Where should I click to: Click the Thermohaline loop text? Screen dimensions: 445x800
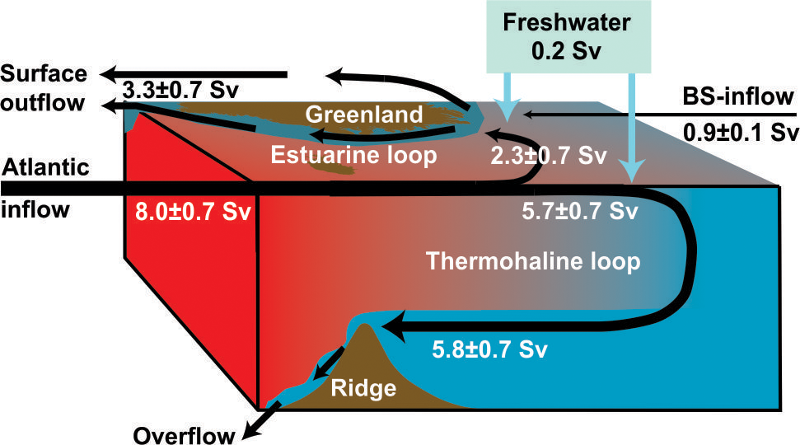tap(533, 262)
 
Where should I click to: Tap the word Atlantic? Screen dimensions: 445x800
tap(44, 169)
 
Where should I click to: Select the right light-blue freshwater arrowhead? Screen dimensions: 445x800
tap(631, 171)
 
